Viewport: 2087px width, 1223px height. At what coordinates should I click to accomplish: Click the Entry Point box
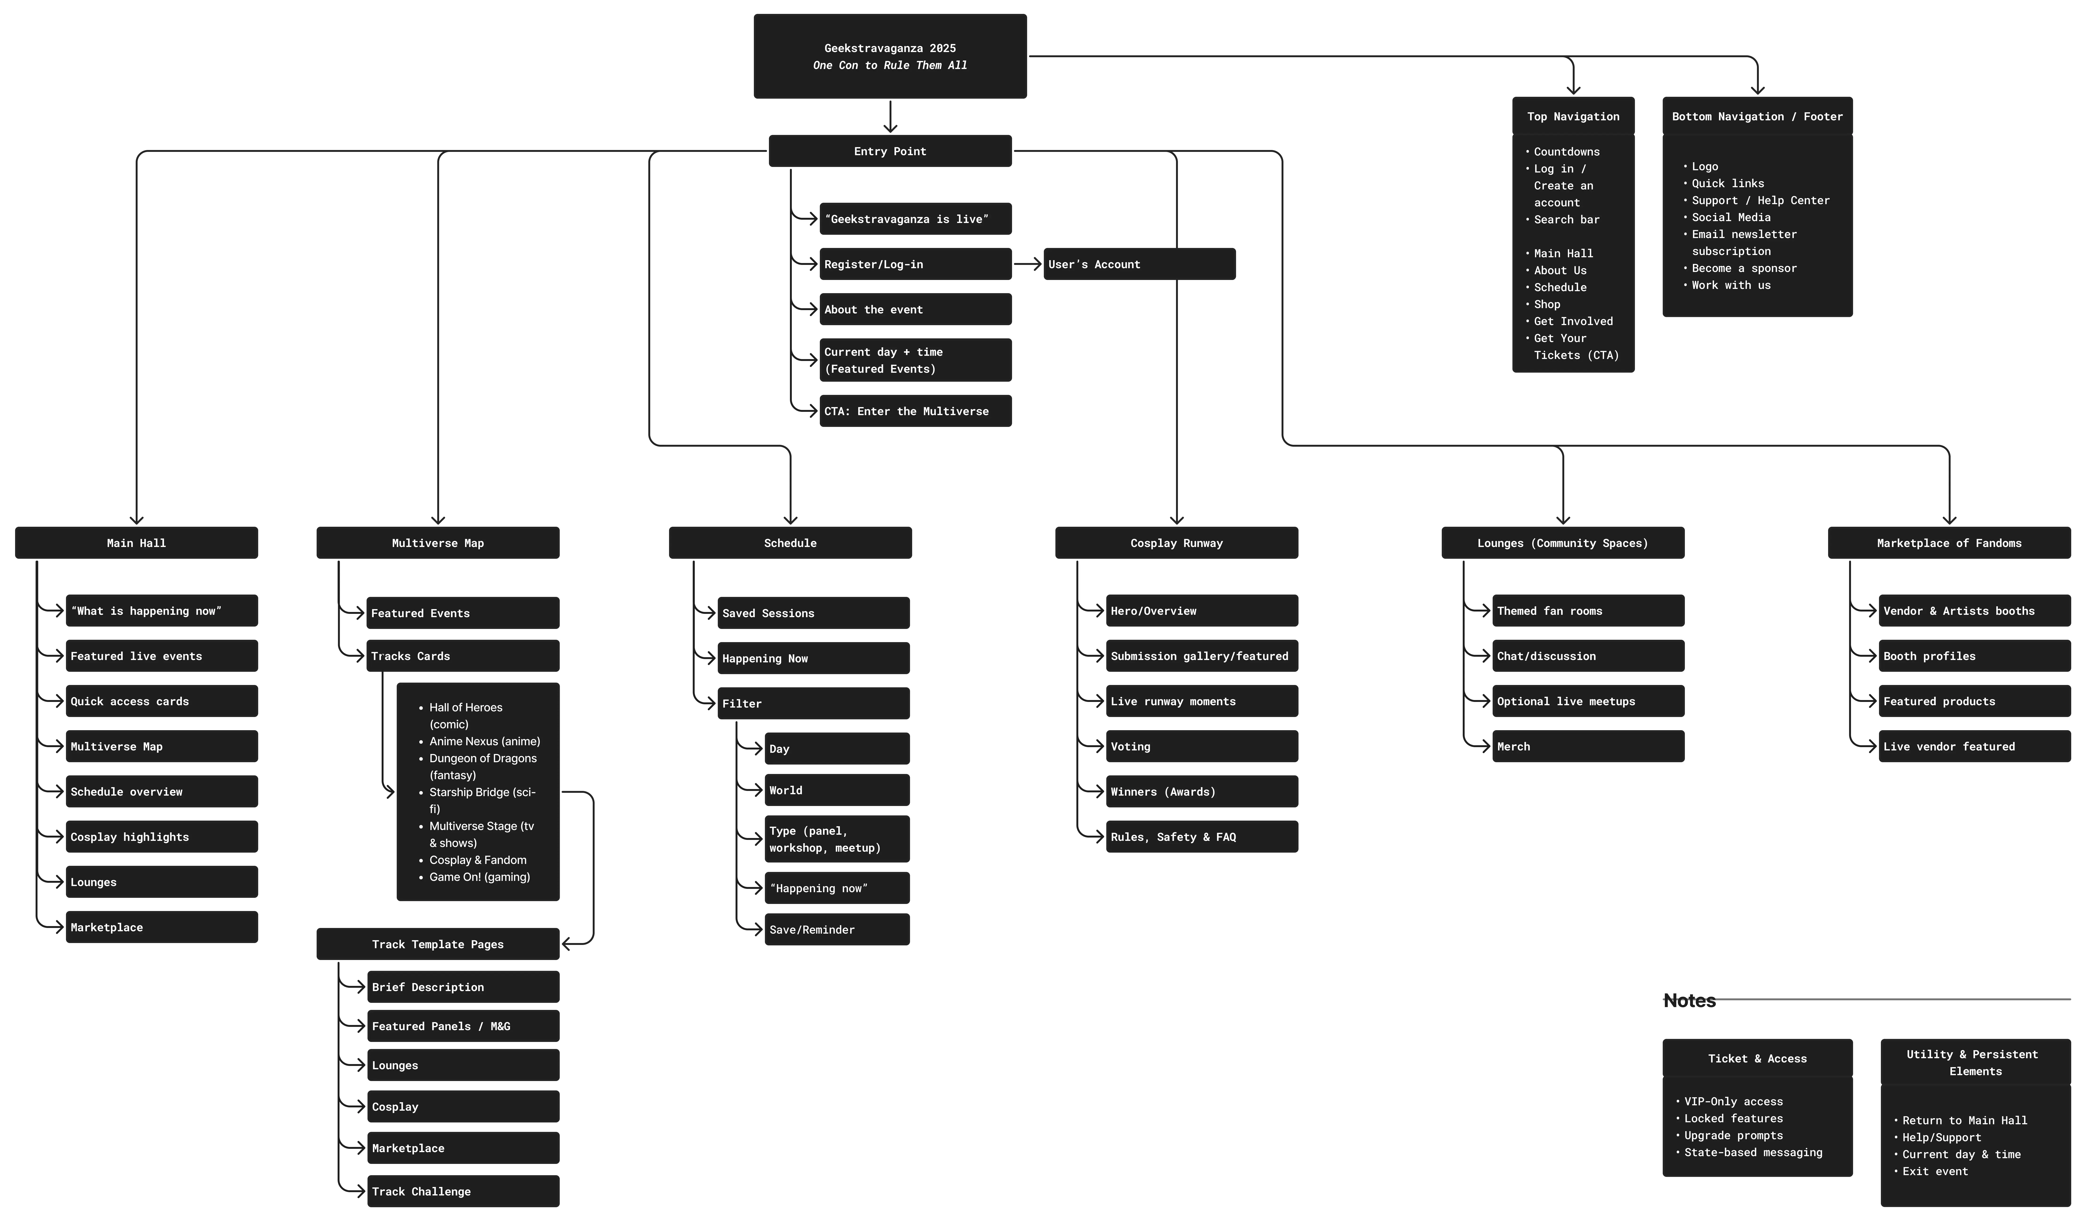(890, 151)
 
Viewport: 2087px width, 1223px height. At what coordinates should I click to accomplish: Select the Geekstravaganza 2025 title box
(890, 56)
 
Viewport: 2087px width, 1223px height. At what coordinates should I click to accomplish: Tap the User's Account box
(1139, 264)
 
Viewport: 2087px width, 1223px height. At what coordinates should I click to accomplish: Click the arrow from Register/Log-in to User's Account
(1028, 264)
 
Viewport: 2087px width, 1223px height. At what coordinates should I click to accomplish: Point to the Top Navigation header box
(1573, 116)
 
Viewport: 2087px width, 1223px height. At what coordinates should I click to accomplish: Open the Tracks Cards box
(463, 656)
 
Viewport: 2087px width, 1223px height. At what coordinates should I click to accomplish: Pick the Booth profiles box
(1974, 656)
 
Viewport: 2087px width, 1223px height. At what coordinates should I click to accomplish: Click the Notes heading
(1690, 1000)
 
